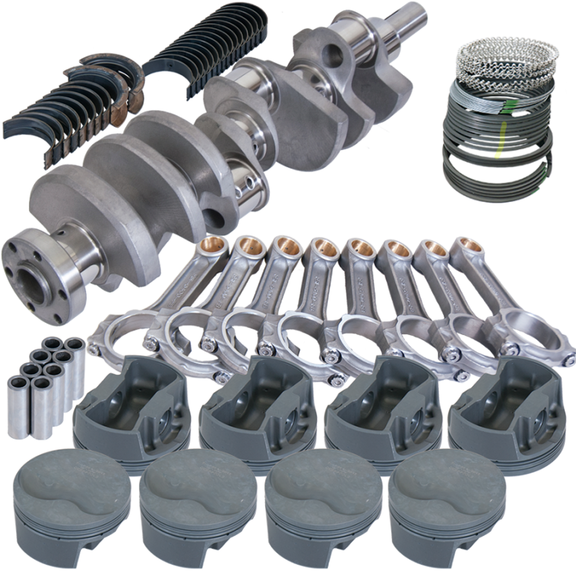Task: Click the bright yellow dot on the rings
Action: point(498,156)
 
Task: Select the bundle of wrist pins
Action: point(45,378)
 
